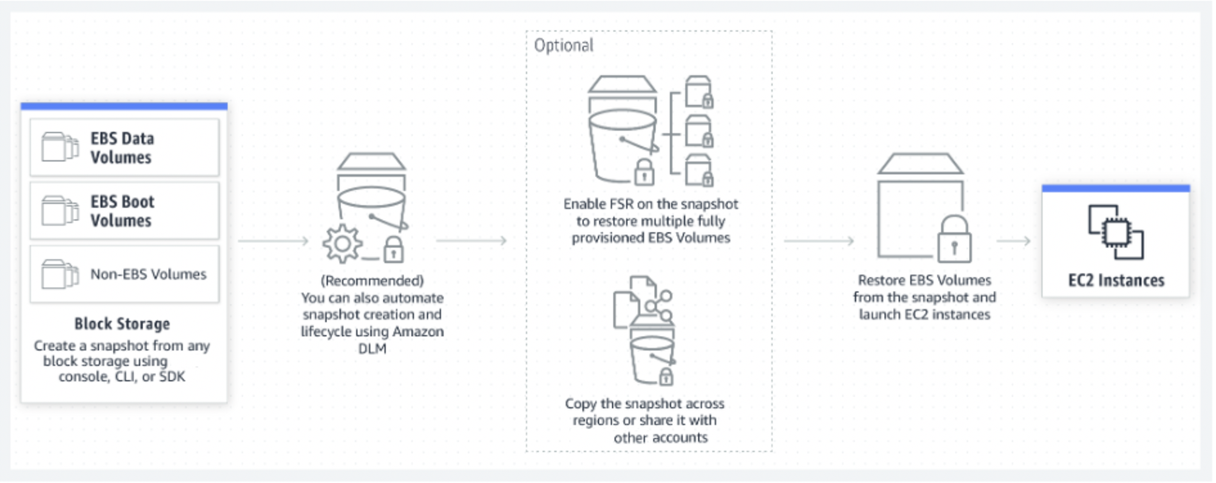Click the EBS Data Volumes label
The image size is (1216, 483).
[122, 147]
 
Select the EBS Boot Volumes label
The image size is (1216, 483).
[122, 211]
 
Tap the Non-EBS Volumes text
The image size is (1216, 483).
[148, 274]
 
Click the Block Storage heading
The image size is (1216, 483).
[122, 323]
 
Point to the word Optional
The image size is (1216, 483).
[564, 46]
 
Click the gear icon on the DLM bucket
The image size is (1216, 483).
[342, 244]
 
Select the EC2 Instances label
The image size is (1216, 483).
[1116, 280]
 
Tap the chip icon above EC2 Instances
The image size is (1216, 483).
[1115, 232]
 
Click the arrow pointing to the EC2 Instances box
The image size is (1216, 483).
[1013, 241]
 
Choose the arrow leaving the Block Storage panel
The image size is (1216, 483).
[274, 241]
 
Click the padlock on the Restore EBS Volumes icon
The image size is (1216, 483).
[954, 239]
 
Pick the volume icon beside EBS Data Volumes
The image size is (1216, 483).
[59, 147]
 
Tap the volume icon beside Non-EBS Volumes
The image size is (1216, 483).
[59, 274]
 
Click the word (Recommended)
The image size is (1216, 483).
[372, 280]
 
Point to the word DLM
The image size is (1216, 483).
[372, 348]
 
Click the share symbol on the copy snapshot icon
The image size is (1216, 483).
[659, 306]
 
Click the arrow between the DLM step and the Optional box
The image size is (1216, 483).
[471, 241]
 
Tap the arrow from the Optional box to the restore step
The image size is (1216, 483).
[819, 241]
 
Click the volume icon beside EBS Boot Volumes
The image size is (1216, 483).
[59, 211]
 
